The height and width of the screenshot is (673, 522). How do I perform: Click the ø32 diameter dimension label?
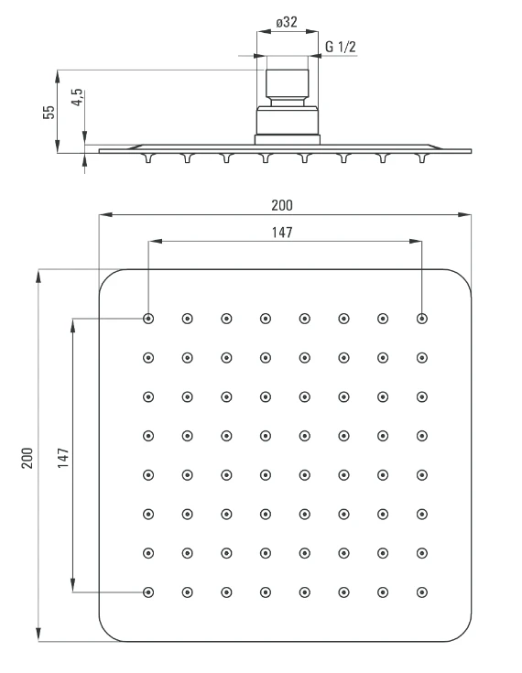click(x=287, y=21)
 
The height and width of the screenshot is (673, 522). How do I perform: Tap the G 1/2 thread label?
click(x=341, y=47)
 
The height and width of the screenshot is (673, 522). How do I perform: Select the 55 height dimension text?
click(x=49, y=112)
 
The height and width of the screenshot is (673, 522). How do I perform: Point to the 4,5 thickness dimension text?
click(x=77, y=97)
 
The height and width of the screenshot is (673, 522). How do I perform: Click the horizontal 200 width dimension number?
click(x=282, y=205)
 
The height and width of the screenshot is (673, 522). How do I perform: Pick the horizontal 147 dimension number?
click(x=282, y=233)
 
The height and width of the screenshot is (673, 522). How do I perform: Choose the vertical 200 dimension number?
click(x=27, y=458)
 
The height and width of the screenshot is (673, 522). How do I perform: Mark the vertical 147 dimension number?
click(x=63, y=458)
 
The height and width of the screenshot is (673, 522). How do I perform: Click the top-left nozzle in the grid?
click(x=148, y=319)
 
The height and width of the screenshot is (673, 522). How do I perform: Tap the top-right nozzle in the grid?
click(x=422, y=319)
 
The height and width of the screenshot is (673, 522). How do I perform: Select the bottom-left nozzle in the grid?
click(x=148, y=592)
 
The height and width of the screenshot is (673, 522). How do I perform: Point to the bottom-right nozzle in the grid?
click(x=422, y=592)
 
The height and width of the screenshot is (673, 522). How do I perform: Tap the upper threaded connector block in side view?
click(x=288, y=82)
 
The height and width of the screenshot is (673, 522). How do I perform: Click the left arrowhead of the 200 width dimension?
click(x=105, y=214)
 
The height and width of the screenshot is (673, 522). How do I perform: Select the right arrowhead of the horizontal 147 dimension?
click(x=416, y=241)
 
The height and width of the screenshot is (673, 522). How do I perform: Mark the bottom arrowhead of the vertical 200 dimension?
click(x=38, y=635)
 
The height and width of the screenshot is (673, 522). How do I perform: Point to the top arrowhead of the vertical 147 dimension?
click(x=73, y=326)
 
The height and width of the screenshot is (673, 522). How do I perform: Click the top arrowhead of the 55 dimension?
click(x=57, y=77)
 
